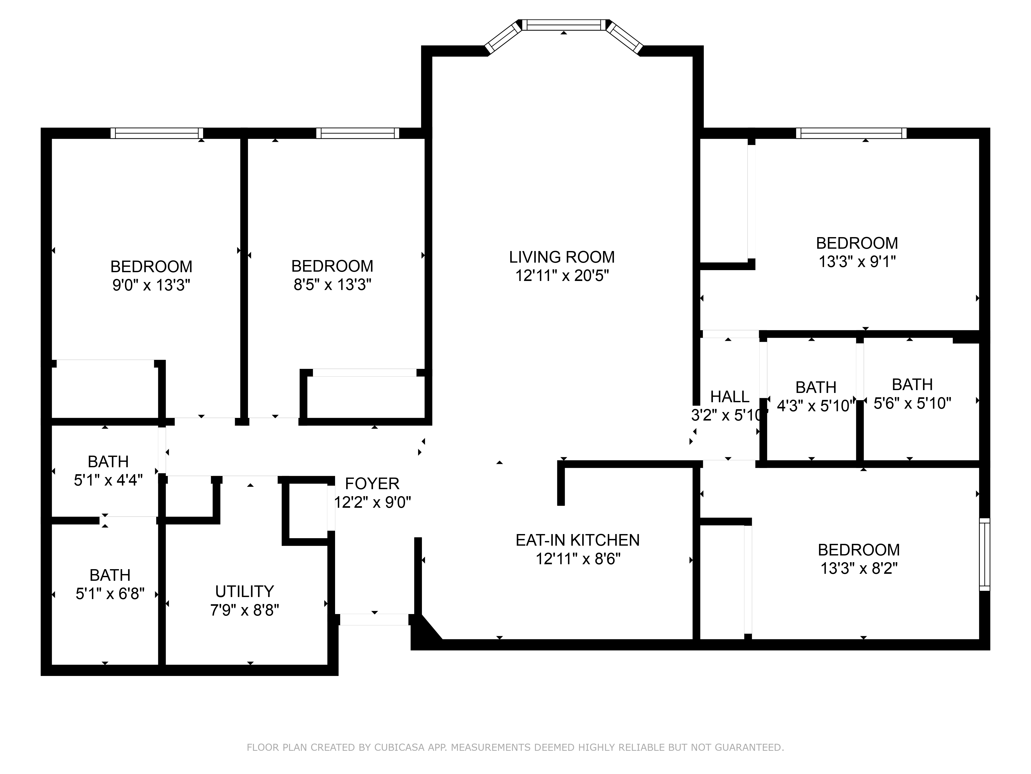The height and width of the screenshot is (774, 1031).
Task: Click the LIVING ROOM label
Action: pyautogui.click(x=562, y=257)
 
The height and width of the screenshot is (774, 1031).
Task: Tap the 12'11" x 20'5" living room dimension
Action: pyautogui.click(x=562, y=276)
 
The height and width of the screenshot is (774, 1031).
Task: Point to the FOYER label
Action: pyautogui.click(x=372, y=483)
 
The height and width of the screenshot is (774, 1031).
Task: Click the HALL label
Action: pyautogui.click(x=729, y=397)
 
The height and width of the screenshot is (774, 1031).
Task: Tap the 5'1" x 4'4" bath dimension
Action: pyautogui.click(x=108, y=480)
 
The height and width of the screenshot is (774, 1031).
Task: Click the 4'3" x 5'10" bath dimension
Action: pyautogui.click(x=816, y=406)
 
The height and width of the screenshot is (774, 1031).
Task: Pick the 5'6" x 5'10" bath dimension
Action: pyautogui.click(x=912, y=403)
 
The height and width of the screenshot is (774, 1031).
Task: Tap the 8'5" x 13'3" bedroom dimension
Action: pyautogui.click(x=332, y=285)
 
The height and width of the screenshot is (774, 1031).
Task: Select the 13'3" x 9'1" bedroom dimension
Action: pyautogui.click(x=857, y=262)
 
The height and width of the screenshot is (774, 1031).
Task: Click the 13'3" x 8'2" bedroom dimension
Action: pyautogui.click(x=859, y=568)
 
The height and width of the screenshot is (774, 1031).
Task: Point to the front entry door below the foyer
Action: pyautogui.click(x=374, y=619)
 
